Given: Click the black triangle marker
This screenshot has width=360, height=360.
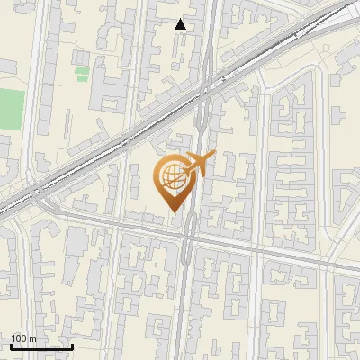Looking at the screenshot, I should point(181,24).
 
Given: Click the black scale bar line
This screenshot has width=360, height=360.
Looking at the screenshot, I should point(41,346).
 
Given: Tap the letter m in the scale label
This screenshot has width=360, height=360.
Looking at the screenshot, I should point(32,338).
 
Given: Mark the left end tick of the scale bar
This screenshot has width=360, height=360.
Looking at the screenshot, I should point(11,345).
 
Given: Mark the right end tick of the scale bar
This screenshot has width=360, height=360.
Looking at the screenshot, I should point(72,345).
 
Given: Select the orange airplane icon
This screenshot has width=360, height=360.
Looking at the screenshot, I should point(199,164).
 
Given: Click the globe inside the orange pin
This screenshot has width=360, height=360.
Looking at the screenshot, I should point(171,177).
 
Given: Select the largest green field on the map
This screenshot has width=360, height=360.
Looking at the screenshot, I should point(11,109).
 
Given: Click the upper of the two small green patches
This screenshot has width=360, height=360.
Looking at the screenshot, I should point(82,69).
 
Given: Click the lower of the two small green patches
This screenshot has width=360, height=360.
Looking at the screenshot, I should point(82,78).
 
